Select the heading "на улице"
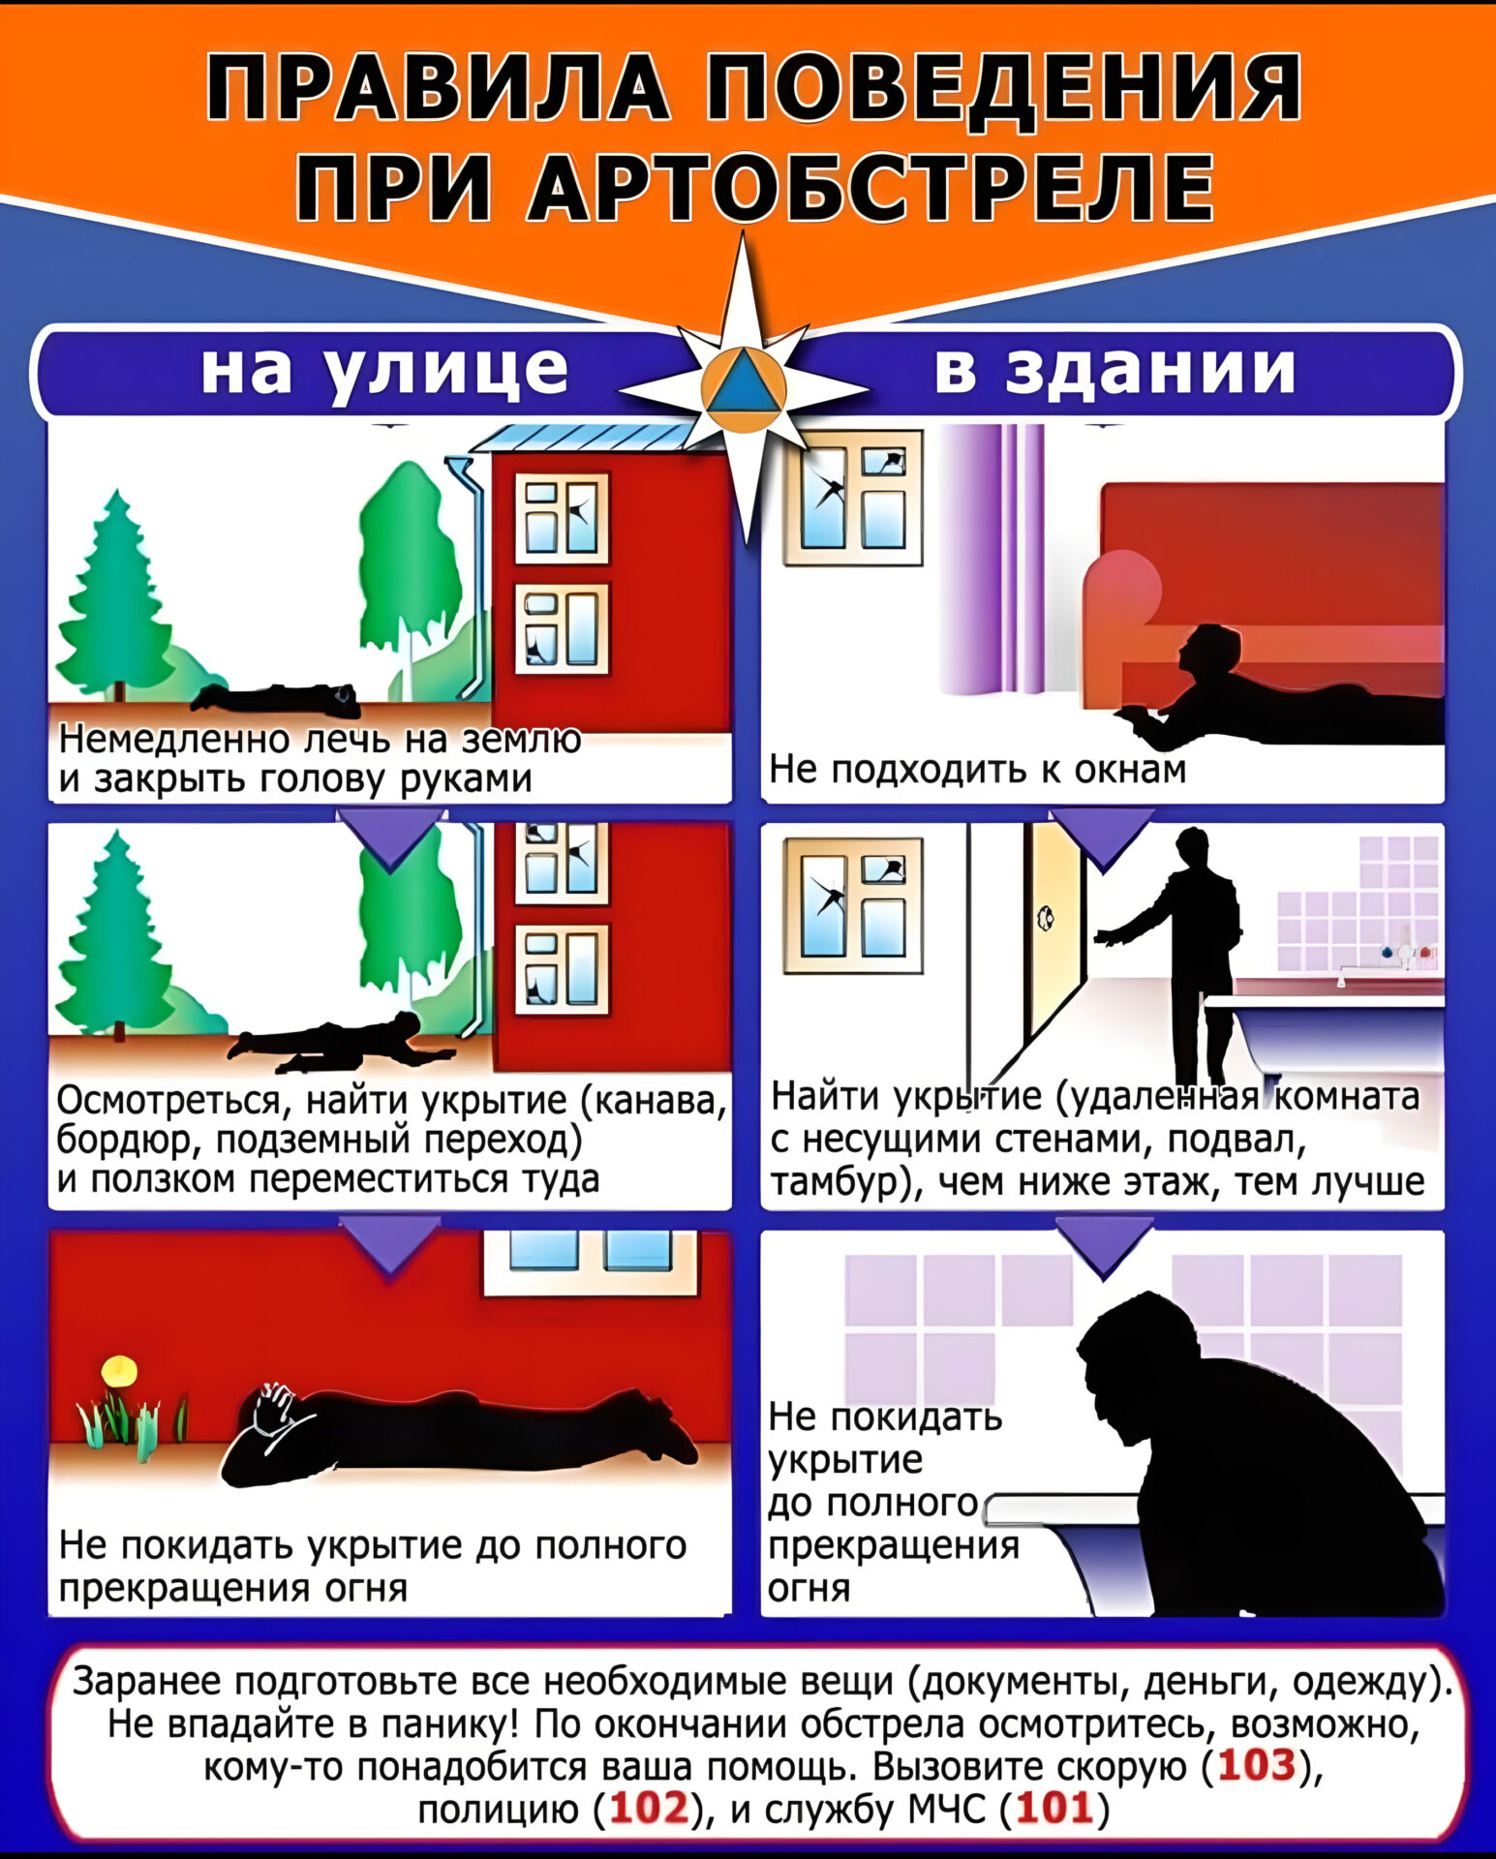[384, 370]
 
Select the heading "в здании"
[1114, 369]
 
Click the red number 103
[1257, 1765]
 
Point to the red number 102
[650, 1807]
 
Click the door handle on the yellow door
[1047, 915]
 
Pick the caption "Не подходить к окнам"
[977, 769]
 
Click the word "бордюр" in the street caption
[128, 1141]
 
